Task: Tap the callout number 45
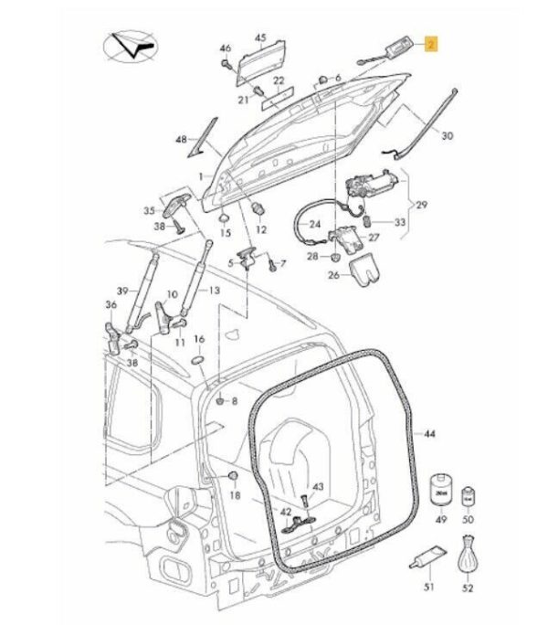pyautogui.click(x=260, y=37)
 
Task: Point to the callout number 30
pyautogui.click(x=447, y=136)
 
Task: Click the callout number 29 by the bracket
pyautogui.click(x=421, y=204)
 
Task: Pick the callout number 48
pyautogui.click(x=181, y=140)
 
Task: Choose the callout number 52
pyautogui.click(x=469, y=588)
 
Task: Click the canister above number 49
pyautogui.click(x=439, y=490)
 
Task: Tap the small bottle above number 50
pyautogui.click(x=469, y=498)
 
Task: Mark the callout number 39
pyautogui.click(x=121, y=289)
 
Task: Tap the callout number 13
pyautogui.click(x=214, y=290)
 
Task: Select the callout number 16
pyautogui.click(x=199, y=339)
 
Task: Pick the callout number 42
pyautogui.click(x=285, y=512)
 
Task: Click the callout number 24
pyautogui.click(x=315, y=224)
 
